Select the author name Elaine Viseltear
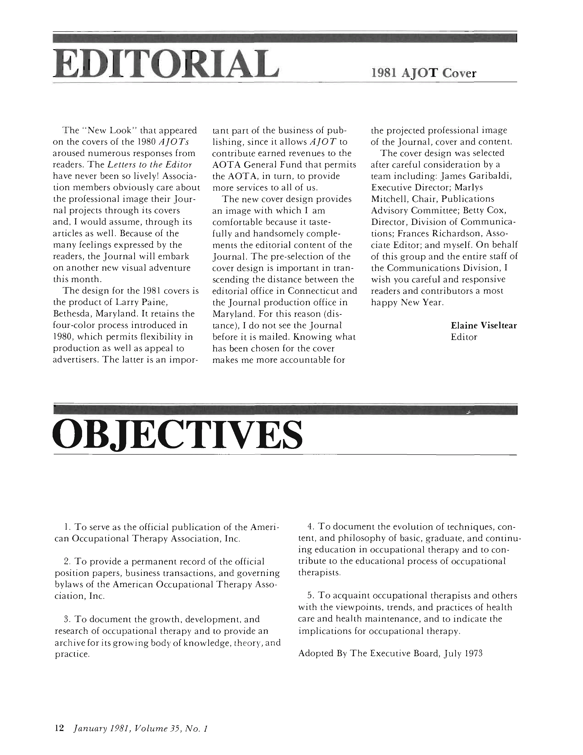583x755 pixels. coord(484,325)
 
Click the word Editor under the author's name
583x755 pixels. coord(464,337)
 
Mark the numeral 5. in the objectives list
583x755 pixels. coord(310,596)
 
